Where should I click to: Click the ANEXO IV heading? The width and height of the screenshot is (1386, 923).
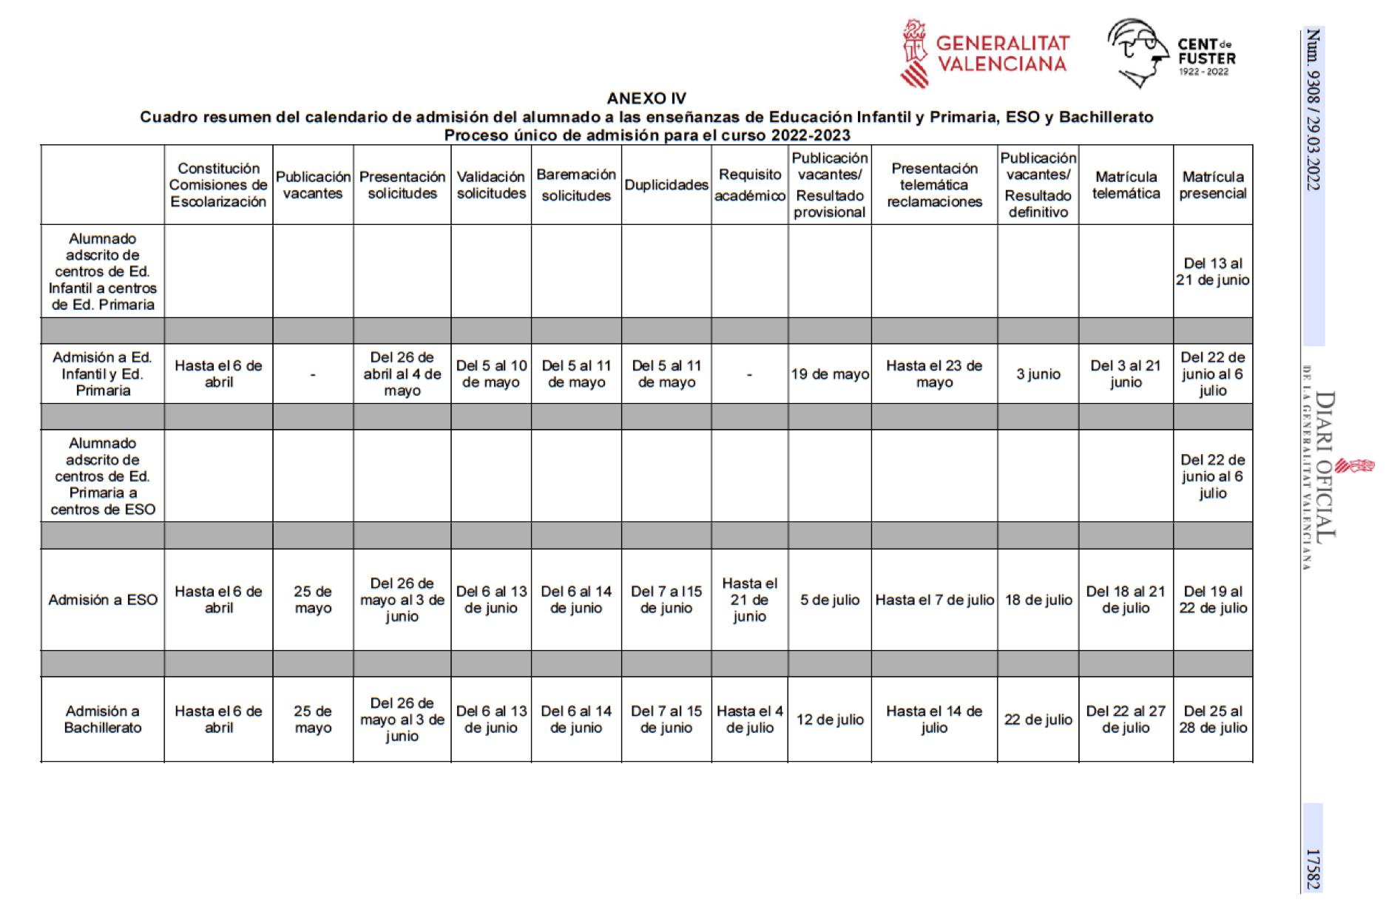[646, 98]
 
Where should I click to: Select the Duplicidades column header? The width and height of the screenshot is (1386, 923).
[666, 185]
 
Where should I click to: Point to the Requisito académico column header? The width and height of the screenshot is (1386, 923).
[749, 185]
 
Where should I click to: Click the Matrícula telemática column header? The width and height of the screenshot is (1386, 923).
[1125, 185]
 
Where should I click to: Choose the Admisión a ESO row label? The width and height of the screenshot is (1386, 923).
[103, 600]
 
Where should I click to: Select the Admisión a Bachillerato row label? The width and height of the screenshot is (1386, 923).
[103, 719]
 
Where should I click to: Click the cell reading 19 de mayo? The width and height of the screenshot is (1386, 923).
[829, 374]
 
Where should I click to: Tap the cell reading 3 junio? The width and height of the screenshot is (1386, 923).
[1038, 374]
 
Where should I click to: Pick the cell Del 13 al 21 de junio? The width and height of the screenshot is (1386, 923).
[1212, 271]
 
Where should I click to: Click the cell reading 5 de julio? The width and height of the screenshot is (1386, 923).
[829, 600]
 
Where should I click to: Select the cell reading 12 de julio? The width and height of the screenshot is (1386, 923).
[829, 720]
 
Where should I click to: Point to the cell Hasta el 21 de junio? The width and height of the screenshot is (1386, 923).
[749, 600]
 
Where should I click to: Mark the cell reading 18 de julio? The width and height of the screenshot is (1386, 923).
[1038, 600]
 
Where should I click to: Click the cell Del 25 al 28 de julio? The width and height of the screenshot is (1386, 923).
[1212, 719]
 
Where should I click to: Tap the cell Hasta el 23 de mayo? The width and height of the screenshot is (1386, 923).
[933, 374]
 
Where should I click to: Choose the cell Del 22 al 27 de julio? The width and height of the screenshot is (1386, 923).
[1125, 719]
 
